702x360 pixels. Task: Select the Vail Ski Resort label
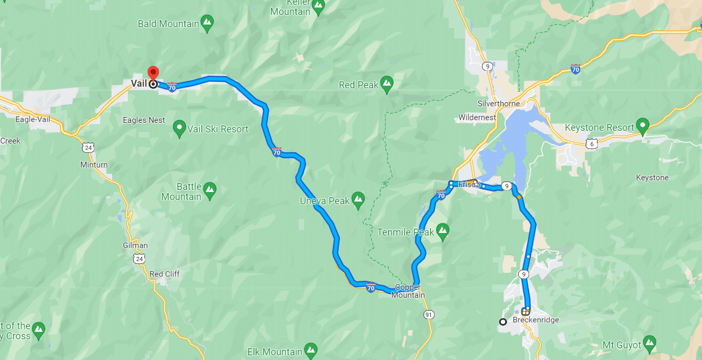[x=219, y=129]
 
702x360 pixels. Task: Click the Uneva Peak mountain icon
[x=358, y=199]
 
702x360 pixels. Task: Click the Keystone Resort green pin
[x=643, y=127]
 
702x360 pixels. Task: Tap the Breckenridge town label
[x=536, y=320]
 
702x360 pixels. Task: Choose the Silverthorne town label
[x=498, y=104]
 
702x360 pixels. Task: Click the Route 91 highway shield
[x=429, y=314]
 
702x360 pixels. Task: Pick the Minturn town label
[x=94, y=165]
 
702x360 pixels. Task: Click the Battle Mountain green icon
[x=210, y=189]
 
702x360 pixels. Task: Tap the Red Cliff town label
[x=164, y=274]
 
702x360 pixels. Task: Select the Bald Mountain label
[x=168, y=23]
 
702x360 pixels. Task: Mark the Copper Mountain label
[x=408, y=291]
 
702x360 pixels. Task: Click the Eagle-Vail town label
[x=32, y=119]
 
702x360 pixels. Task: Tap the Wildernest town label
[x=477, y=118]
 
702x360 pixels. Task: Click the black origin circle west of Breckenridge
[x=503, y=321]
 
